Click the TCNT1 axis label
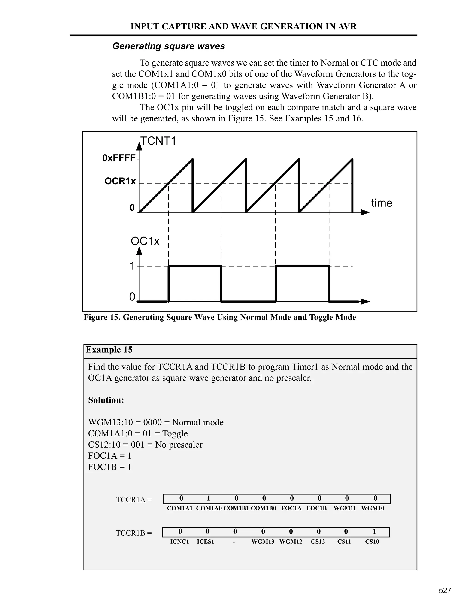(158, 141)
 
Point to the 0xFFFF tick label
(119, 158)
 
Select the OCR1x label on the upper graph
(120, 181)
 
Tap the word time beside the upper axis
(382, 203)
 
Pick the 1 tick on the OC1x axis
(132, 266)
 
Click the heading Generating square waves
(168, 46)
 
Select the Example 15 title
(109, 350)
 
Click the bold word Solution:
(106, 400)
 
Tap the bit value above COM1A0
(208, 498)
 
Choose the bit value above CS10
(374, 532)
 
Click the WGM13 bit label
(263, 542)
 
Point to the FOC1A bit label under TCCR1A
(291, 508)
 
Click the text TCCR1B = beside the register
(134, 533)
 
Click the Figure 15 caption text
(220, 317)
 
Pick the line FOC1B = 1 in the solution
(109, 467)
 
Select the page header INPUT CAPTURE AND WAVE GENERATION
(243, 26)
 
